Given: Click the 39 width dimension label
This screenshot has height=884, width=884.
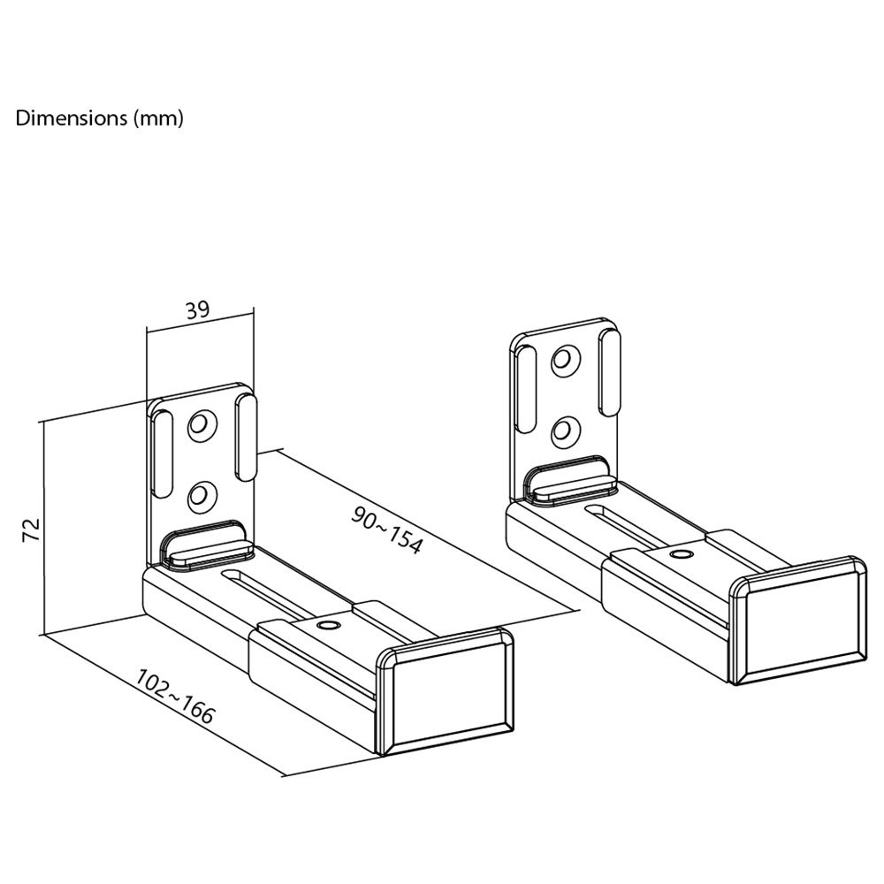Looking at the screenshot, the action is [197, 309].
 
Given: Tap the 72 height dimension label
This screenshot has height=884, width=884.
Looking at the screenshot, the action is [32, 529].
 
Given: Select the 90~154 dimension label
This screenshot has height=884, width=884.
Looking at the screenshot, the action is [387, 530].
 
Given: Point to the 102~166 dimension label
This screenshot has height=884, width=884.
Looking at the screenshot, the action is [175, 697].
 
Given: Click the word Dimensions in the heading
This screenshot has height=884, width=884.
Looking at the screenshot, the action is [72, 118].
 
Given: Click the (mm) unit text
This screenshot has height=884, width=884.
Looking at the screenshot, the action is [158, 118].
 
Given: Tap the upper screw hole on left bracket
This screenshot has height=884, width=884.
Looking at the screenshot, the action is [203, 424].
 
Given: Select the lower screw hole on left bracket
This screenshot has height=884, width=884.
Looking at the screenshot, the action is [203, 496].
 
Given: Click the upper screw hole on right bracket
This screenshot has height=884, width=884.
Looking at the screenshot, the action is [566, 359].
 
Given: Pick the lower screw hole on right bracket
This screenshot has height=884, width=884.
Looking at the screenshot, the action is [566, 431].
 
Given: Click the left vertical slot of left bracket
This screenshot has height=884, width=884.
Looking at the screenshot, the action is [162, 453].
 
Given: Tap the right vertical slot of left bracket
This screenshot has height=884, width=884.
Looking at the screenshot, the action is [246, 438].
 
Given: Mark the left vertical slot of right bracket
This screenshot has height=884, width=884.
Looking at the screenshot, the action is [525, 389].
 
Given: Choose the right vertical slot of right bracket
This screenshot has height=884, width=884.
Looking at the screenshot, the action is [609, 373].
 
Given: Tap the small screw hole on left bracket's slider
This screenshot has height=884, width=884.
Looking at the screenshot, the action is [326, 625].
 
